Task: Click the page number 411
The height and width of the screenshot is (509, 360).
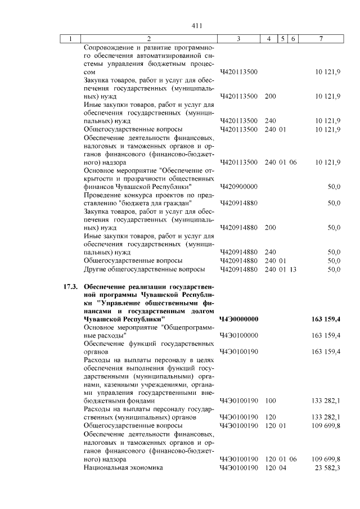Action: coord(196,25)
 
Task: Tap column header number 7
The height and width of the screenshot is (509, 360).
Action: coord(320,38)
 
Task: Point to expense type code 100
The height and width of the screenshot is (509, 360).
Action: coord(270,401)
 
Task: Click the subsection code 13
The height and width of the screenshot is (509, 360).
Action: coord(293,269)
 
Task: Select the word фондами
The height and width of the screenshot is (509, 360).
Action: coord(138,401)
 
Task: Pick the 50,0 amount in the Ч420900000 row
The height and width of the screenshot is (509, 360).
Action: coord(334,186)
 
